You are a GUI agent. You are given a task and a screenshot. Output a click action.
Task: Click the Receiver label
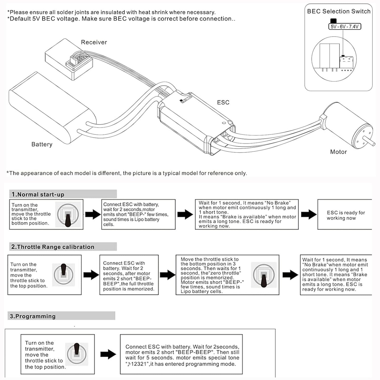(94, 42)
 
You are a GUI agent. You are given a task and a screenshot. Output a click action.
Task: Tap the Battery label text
(42, 144)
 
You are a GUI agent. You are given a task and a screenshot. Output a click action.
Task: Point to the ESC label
(223, 102)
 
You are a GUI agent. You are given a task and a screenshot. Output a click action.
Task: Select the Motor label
(338, 152)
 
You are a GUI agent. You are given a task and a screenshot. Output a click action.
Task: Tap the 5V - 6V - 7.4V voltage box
(344, 26)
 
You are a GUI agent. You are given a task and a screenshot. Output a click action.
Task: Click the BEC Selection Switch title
(339, 11)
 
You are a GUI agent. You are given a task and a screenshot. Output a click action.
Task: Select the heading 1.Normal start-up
(38, 194)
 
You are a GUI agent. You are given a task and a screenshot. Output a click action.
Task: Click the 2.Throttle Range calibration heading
(53, 247)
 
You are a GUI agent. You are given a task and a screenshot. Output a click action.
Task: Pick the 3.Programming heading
(33, 316)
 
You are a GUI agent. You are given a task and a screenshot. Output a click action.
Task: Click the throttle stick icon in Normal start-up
(68, 215)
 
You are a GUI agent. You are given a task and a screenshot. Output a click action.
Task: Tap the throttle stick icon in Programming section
(77, 354)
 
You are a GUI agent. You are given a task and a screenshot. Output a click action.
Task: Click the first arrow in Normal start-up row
(93, 214)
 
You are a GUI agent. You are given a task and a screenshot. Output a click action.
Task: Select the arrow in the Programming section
(108, 354)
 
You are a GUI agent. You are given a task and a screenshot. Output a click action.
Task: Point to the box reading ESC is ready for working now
(345, 214)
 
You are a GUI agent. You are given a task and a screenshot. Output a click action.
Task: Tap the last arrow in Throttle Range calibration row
(290, 275)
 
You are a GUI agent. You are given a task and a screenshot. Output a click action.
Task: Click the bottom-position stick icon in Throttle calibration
(264, 275)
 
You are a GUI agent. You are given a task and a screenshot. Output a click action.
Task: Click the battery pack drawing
(53, 108)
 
